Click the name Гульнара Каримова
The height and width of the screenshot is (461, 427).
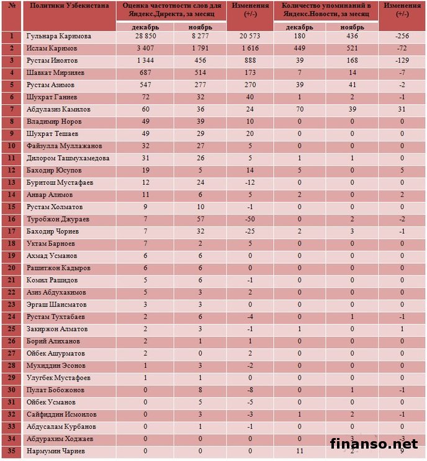click(59, 37)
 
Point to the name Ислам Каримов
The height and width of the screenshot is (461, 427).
click(54, 48)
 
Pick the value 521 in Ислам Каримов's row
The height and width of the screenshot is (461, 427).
click(352, 48)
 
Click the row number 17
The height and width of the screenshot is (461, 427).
click(11, 231)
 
